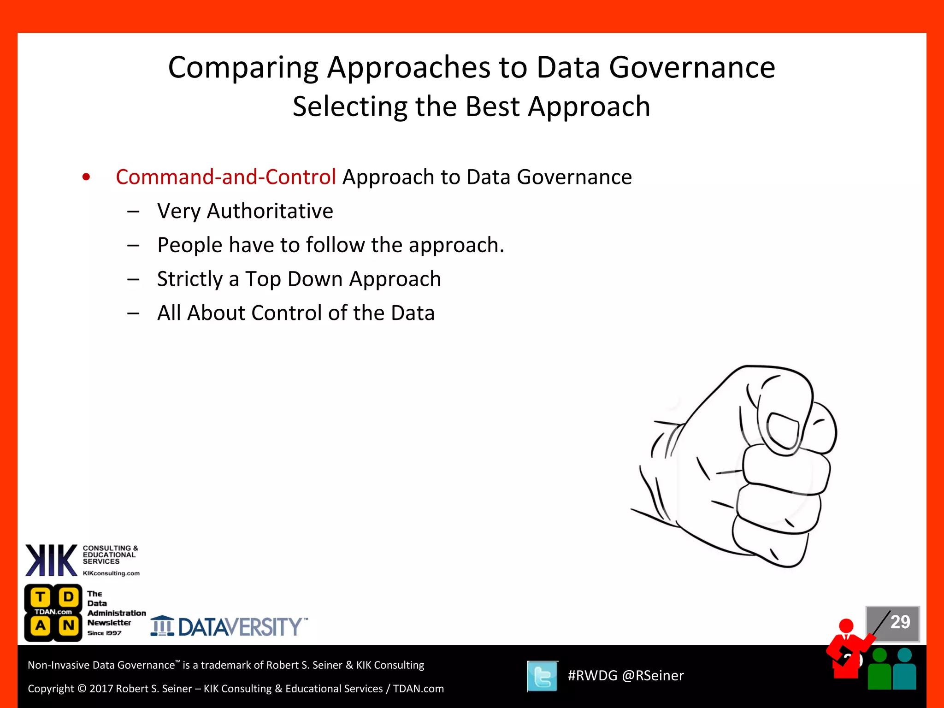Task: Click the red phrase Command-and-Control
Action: click(x=225, y=177)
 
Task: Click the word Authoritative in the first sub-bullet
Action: click(x=270, y=211)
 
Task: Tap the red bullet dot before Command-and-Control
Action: click(x=86, y=177)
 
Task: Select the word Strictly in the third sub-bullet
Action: click(x=190, y=279)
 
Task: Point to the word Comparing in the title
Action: click(x=243, y=67)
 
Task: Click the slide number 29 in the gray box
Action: click(x=900, y=622)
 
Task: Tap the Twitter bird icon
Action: click(x=542, y=676)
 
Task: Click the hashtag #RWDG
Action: click(x=592, y=676)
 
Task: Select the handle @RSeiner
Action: click(x=653, y=676)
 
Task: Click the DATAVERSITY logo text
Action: click(x=240, y=627)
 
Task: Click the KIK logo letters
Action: click(x=51, y=560)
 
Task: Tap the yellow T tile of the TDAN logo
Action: click(x=41, y=597)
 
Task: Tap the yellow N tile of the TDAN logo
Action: click(x=69, y=625)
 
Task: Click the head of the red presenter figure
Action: click(x=846, y=625)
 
